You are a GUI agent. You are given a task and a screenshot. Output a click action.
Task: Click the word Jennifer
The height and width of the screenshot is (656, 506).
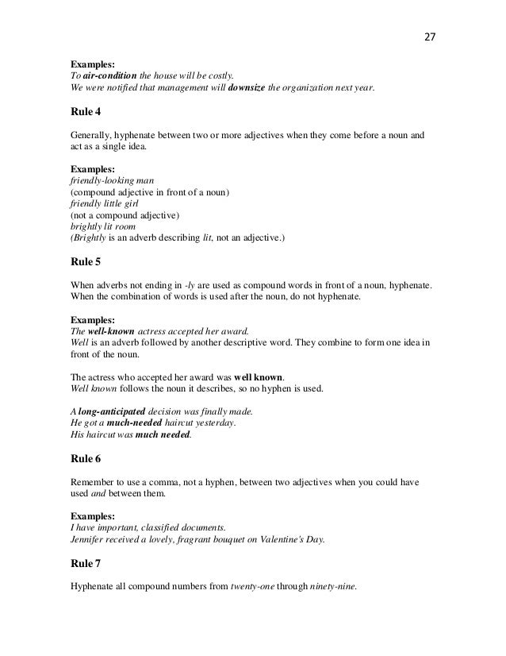pos(89,538)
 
